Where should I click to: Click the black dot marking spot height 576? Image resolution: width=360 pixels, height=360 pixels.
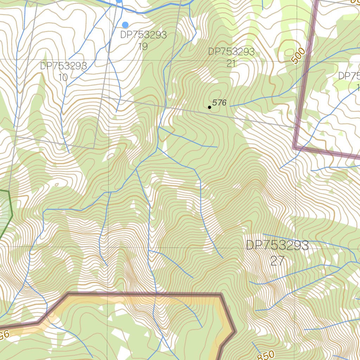[210, 107]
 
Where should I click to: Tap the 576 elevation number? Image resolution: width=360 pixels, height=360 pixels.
[219, 103]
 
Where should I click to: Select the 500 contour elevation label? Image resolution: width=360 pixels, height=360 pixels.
[298, 56]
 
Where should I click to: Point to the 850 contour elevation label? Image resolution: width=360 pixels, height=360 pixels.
[266, 355]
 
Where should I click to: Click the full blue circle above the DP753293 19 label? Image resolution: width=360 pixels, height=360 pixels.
[125, 25]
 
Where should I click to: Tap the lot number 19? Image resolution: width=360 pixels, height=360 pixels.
[143, 46]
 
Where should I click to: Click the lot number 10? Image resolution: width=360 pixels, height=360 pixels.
[63, 77]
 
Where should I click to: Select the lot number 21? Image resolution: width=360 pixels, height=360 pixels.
[231, 63]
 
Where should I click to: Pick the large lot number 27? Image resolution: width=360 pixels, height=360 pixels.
[277, 261]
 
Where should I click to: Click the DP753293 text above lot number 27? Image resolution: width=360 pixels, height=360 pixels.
[277, 245]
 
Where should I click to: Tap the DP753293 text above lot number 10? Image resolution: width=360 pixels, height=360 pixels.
[63, 66]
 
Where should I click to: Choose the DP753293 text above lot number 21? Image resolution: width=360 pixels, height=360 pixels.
[231, 52]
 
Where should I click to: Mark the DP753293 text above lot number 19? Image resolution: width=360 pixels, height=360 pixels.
[143, 35]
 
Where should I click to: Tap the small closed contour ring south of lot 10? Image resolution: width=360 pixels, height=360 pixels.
[56, 184]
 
